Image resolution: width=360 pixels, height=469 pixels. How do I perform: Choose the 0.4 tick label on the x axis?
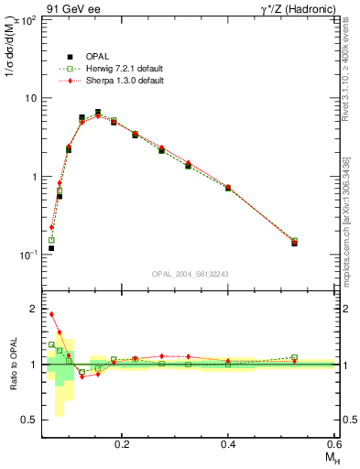(x=228, y=444)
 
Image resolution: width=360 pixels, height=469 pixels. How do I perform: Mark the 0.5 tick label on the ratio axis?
(x=28, y=420)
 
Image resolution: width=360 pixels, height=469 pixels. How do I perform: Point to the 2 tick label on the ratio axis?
(x=33, y=309)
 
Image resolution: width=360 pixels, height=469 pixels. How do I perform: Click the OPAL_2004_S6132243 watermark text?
(x=190, y=273)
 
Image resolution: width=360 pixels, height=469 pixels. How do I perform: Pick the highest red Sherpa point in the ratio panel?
(x=51, y=314)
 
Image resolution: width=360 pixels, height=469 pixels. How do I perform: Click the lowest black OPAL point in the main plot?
(x=51, y=248)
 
